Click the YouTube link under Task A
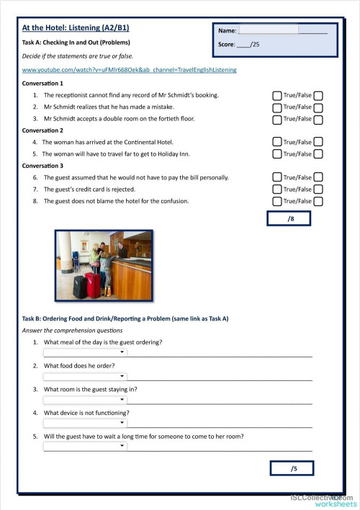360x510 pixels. pyautogui.click(x=129, y=70)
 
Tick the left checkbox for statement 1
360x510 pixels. pyautogui.click(x=277, y=95)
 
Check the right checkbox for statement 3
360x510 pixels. pyautogui.click(x=318, y=119)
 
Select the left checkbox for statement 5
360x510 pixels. pyautogui.click(x=277, y=154)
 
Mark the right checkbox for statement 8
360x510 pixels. pyautogui.click(x=318, y=201)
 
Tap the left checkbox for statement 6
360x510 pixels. pyautogui.click(x=277, y=177)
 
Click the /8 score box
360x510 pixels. pyautogui.click(x=292, y=219)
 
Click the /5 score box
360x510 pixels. pyautogui.click(x=293, y=469)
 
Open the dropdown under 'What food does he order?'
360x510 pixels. pyautogui.click(x=85, y=376)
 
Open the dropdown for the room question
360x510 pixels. pyautogui.click(x=85, y=400)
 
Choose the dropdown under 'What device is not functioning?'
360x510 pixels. pyautogui.click(x=85, y=423)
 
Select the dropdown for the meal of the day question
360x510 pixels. pyautogui.click(x=85, y=352)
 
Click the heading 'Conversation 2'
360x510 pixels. pyautogui.click(x=43, y=130)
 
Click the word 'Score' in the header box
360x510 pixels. pyautogui.click(x=226, y=45)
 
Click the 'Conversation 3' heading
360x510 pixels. pyautogui.click(x=43, y=166)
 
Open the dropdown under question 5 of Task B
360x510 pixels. pyautogui.click(x=85, y=447)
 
